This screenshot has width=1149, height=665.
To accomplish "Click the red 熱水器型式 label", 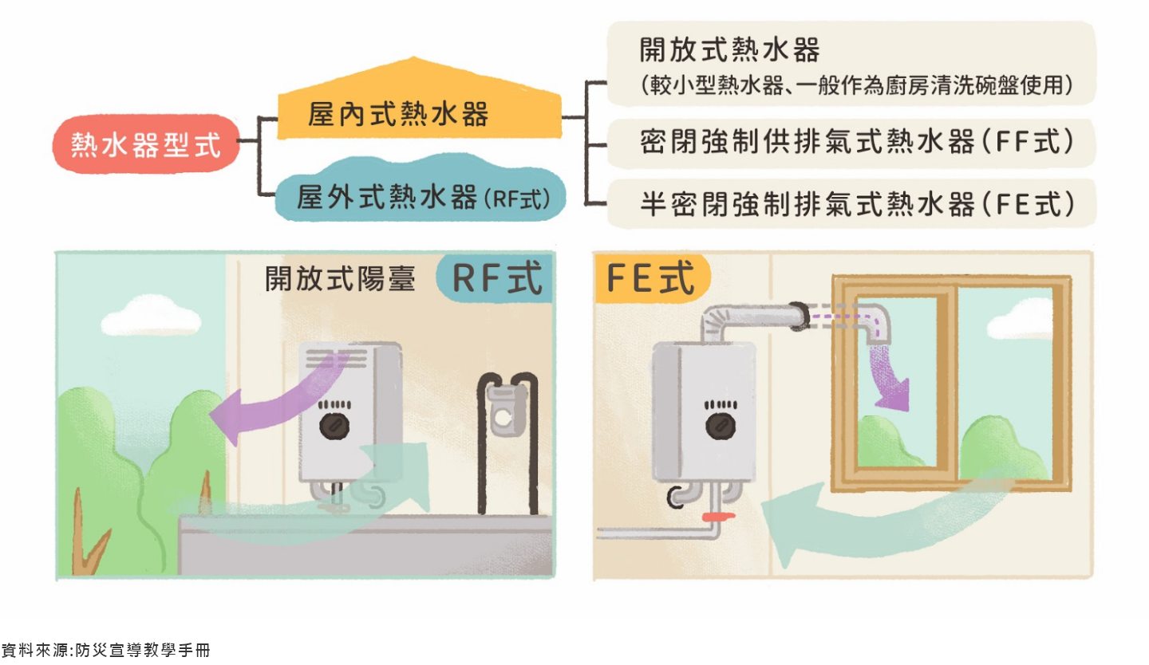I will coord(146,145).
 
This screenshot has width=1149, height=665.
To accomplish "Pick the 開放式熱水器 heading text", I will coord(730,50).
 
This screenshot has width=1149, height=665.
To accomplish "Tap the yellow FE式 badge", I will coord(651,279).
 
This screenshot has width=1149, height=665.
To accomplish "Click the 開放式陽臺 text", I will coord(341,279).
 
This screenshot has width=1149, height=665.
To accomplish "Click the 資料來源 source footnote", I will coord(105,650).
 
